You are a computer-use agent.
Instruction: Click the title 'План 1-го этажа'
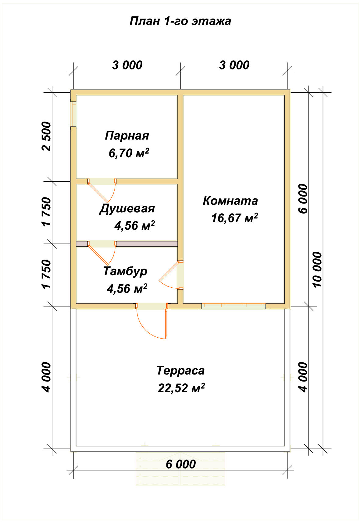[x=180, y=21]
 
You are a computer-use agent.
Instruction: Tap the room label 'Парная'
[x=127, y=136]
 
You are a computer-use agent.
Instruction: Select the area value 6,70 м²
[x=129, y=153]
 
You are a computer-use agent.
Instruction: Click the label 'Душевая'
[x=127, y=209]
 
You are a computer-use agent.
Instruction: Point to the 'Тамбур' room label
[x=125, y=271]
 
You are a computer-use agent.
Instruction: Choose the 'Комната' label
[x=230, y=201]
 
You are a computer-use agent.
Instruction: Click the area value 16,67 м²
[x=234, y=218]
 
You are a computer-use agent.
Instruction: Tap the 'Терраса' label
[x=180, y=371]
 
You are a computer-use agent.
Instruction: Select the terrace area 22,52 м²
[x=181, y=388]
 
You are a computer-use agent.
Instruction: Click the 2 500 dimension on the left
[x=47, y=136]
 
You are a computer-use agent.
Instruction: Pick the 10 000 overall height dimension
[x=317, y=269]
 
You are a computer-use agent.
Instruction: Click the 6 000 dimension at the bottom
[x=180, y=464]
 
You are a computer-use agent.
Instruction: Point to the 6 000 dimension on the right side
[x=303, y=199]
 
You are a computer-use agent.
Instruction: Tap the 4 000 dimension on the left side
[x=47, y=377]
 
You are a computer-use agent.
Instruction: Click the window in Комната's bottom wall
[x=233, y=306]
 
